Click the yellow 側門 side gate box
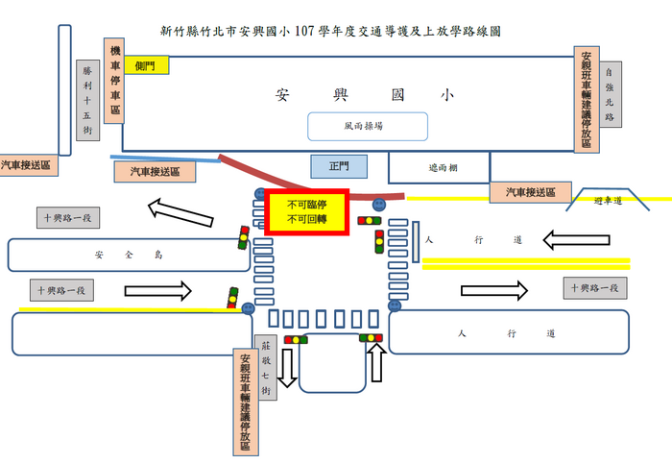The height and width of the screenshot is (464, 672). pyautogui.click(x=147, y=65)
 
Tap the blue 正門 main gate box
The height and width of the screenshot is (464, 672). pyautogui.click(x=339, y=166)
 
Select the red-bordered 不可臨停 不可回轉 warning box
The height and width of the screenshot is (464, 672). pyautogui.click(x=307, y=212)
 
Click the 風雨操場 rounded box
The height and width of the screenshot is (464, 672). pyautogui.click(x=368, y=127)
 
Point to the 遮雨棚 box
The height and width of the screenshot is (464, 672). pyautogui.click(x=439, y=167)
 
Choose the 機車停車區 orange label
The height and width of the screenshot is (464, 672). pyautogui.click(x=114, y=81)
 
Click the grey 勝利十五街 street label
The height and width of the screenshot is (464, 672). pyautogui.click(x=88, y=100)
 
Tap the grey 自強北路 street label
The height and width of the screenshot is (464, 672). pyautogui.click(x=611, y=94)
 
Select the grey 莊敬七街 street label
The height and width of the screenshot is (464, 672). pyautogui.click(x=266, y=368)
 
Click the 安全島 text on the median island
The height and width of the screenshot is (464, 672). pyautogui.click(x=129, y=256)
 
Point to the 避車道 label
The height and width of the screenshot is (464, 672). pyautogui.click(x=608, y=201)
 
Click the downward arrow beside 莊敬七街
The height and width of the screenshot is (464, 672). pyautogui.click(x=287, y=368)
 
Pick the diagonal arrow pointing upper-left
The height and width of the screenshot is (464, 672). pyautogui.click(x=180, y=212)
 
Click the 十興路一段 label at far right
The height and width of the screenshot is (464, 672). pyautogui.click(x=595, y=288)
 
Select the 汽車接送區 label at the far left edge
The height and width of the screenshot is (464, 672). pyautogui.click(x=27, y=165)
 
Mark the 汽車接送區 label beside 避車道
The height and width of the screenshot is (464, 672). pyautogui.click(x=531, y=192)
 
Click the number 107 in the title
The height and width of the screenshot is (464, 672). pyautogui.click(x=304, y=32)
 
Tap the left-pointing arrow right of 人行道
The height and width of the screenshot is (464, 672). pyautogui.click(x=576, y=240)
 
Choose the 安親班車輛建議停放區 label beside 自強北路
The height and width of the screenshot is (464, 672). pyautogui.click(x=587, y=100)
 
